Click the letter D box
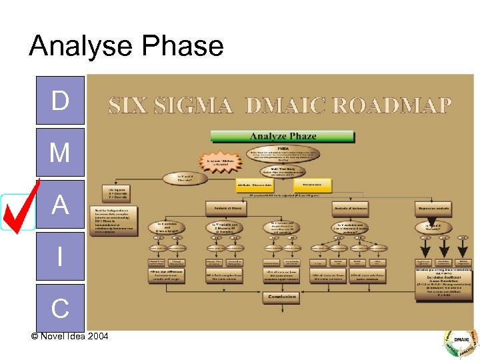click(x=60, y=100)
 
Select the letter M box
click(x=60, y=153)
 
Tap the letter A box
click(x=60, y=205)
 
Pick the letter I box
click(x=60, y=256)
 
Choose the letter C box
click(x=60, y=307)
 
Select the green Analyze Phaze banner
click(x=282, y=136)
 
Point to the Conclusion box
click(x=283, y=297)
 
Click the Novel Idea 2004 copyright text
click(x=69, y=335)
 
